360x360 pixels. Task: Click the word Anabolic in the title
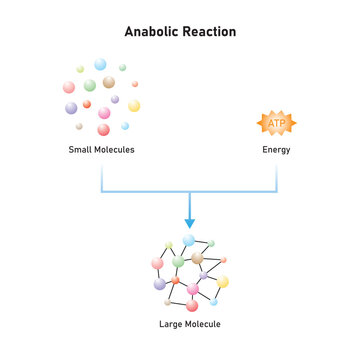151,32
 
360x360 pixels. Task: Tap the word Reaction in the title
209,32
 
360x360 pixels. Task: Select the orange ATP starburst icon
277,123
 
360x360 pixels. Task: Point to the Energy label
277,150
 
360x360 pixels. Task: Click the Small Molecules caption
101,150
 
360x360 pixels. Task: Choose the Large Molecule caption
189,325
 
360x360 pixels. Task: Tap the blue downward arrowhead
189,223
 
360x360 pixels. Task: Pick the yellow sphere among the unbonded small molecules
134,105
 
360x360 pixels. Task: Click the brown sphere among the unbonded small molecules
108,83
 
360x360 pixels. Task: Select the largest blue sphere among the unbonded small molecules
100,64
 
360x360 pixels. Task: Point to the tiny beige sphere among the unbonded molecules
79,126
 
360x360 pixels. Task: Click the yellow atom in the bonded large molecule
223,282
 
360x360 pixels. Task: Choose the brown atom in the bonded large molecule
197,259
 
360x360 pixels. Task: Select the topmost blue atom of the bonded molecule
189,241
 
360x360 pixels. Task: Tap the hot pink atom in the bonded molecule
192,289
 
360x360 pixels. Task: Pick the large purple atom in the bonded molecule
160,284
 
